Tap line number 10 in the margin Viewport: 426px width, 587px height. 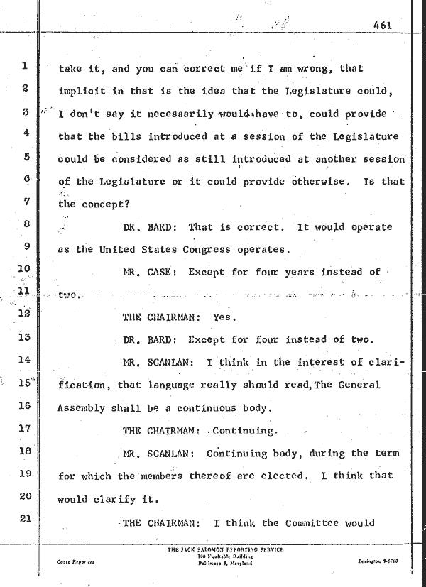pos(23,269)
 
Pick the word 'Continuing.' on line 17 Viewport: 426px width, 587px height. pos(243,430)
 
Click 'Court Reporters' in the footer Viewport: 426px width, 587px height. pos(73,561)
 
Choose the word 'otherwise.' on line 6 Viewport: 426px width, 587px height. pos(319,182)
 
